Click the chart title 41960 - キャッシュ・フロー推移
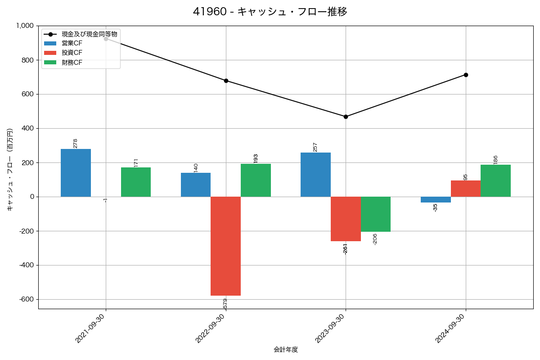click(x=270, y=12)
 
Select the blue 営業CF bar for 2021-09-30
click(x=76, y=173)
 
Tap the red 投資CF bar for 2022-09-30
click(x=225, y=246)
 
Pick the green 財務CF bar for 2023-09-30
click(x=375, y=214)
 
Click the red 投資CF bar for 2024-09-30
click(x=465, y=189)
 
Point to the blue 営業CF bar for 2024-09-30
click(x=436, y=199)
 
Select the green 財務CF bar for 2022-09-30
click(x=256, y=180)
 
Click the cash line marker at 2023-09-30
click(x=346, y=117)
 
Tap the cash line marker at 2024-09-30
click(x=466, y=75)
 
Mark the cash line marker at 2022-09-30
click(x=226, y=81)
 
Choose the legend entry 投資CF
click(x=72, y=53)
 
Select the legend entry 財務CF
click(x=72, y=63)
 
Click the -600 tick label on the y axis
click(x=26, y=299)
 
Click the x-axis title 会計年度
click(x=286, y=350)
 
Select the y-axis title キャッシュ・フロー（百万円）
click(x=10, y=170)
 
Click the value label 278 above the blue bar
click(x=75, y=143)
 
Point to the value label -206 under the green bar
click(x=375, y=239)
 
